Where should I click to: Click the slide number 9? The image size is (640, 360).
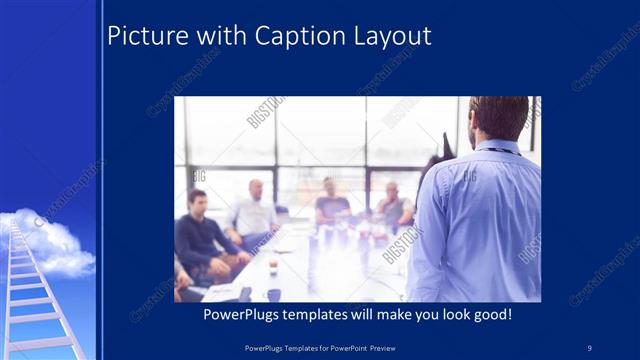click(x=589, y=347)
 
